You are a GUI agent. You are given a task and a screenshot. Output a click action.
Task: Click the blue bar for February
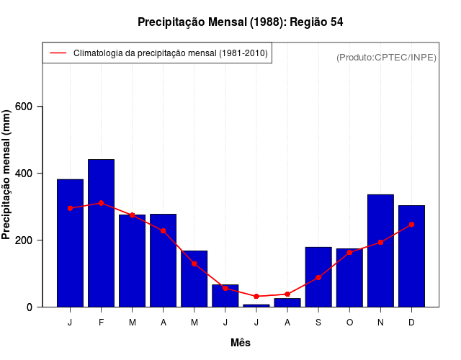[x=101, y=233]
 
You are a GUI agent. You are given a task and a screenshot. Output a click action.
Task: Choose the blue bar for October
[x=349, y=278]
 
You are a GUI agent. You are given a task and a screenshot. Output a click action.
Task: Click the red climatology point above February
[x=101, y=203]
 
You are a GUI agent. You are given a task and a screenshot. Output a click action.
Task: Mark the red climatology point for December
[x=411, y=225]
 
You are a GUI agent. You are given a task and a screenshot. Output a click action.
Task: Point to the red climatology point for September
[x=318, y=277]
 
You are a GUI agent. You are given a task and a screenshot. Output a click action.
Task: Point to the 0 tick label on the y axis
[x=30, y=307]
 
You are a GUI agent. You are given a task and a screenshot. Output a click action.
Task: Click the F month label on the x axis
[x=101, y=323]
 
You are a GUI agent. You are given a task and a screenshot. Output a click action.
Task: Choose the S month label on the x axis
[x=318, y=323]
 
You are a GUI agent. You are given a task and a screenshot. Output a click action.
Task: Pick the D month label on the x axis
[x=411, y=323]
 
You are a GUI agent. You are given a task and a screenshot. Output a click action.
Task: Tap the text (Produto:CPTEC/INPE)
[x=386, y=58]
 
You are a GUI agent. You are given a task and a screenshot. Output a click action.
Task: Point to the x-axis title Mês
[x=240, y=343]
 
